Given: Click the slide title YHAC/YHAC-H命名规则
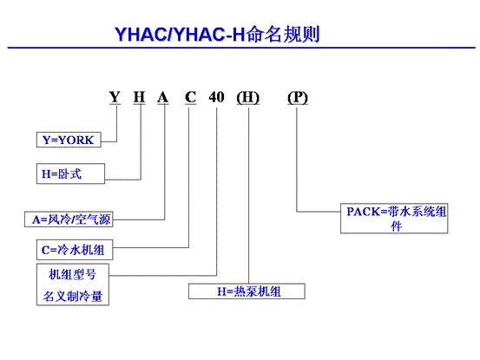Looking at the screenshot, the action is pyautogui.click(x=217, y=34).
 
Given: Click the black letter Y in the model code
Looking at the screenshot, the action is pyautogui.click(x=115, y=97).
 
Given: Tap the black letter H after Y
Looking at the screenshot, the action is pyautogui.click(x=139, y=97).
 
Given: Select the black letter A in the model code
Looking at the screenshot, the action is pyautogui.click(x=163, y=97).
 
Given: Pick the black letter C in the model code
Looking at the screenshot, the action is pyautogui.click(x=190, y=97).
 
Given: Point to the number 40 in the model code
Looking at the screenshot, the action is pyautogui.click(x=216, y=97).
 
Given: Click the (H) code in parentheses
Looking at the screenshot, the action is pyautogui.click(x=248, y=97).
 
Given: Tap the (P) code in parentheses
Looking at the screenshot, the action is pyautogui.click(x=298, y=97).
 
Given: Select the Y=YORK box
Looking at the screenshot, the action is pyautogui.click(x=69, y=140).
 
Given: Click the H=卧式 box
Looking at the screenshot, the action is pyautogui.click(x=70, y=173).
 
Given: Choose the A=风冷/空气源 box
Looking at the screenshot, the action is pyautogui.click(x=69, y=219).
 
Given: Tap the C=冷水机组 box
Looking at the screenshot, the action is pyautogui.click(x=75, y=250).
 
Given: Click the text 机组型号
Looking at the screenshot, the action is pyautogui.click(x=73, y=274).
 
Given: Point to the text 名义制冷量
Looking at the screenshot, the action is pyautogui.click(x=73, y=296).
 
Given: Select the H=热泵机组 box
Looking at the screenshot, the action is pyautogui.click(x=247, y=291).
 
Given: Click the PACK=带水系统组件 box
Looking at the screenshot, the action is pyautogui.click(x=394, y=219).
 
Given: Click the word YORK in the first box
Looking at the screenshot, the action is pyautogui.click(x=76, y=140).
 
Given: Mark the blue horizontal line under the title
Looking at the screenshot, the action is pyautogui.click(x=241, y=48).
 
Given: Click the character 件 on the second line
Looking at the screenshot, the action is pyautogui.click(x=396, y=226).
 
